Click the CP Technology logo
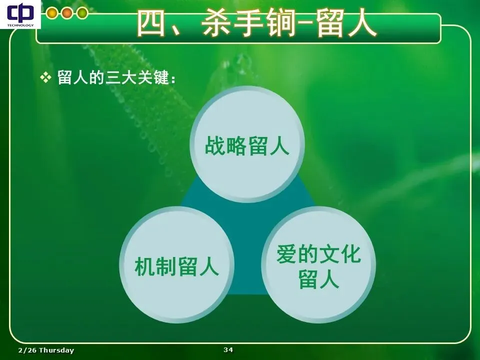(20, 14)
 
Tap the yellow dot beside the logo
(52, 13)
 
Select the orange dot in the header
(67, 13)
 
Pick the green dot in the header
(82, 13)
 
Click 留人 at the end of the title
(346, 23)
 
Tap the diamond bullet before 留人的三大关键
(45, 77)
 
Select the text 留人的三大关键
(113, 77)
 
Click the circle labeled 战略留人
(247, 144)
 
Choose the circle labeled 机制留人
(177, 265)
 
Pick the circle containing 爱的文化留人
(318, 265)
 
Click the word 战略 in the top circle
(225, 145)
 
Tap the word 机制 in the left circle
(155, 266)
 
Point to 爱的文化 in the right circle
(318, 254)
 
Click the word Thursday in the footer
(56, 350)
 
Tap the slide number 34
(228, 349)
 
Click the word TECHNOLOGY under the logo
(20, 25)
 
